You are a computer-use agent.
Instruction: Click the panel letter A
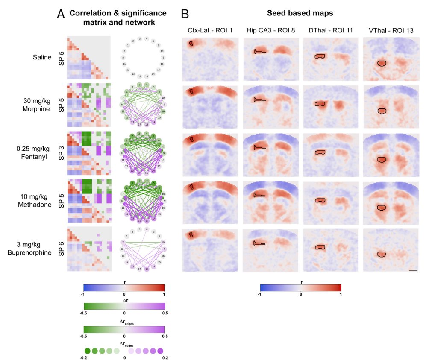61,14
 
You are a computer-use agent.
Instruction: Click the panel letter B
185,14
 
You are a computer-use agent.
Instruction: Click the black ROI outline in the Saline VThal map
382,64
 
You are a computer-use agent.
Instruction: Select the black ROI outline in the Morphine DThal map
320,104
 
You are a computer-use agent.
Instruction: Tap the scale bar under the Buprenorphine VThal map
413,270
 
